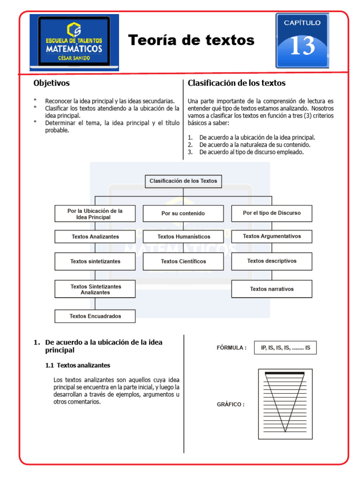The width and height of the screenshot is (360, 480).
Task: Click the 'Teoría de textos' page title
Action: (x=191, y=40)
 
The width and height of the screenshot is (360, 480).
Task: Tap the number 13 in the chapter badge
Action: (x=302, y=46)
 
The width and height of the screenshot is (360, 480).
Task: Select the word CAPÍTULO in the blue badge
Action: (x=302, y=22)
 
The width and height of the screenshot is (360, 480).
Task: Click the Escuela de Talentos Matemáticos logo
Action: (x=74, y=42)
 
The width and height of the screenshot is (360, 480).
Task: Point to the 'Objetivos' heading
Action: (x=52, y=83)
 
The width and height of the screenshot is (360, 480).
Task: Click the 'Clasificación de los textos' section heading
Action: (x=236, y=83)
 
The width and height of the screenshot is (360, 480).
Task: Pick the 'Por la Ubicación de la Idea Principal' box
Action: (x=95, y=214)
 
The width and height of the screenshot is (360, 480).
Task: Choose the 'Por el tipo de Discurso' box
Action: (x=271, y=213)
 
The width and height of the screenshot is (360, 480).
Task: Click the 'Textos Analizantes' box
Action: (x=95, y=237)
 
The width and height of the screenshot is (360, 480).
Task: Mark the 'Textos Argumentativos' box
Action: (x=271, y=236)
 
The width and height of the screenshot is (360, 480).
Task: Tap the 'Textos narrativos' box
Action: (x=271, y=289)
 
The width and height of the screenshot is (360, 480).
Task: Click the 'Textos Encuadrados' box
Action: (x=95, y=316)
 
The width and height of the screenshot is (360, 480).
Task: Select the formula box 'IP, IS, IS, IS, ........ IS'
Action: (x=285, y=348)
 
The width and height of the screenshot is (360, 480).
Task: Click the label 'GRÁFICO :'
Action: (x=230, y=405)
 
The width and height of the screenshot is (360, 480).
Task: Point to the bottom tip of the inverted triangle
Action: (x=285, y=432)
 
